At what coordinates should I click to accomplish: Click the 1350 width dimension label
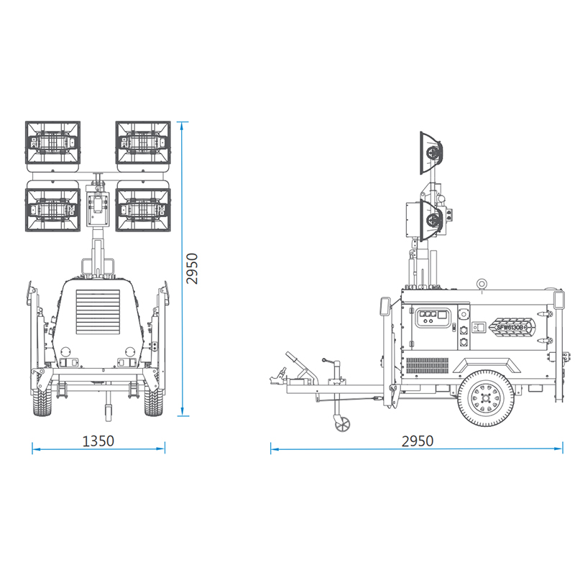(98, 441)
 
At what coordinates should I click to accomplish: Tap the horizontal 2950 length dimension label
(417, 441)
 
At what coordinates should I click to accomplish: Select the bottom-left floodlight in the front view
(54, 209)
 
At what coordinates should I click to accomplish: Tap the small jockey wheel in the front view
(108, 412)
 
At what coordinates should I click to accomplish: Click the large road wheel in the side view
(487, 399)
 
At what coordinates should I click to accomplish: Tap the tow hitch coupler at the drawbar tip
(275, 375)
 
